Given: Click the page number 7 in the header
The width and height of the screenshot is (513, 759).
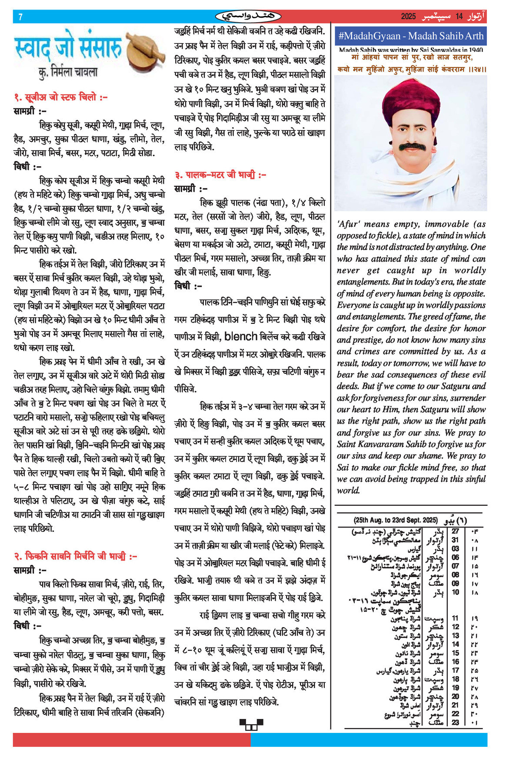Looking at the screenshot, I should tap(20, 17).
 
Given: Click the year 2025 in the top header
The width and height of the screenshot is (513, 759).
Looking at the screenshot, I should tap(408, 17).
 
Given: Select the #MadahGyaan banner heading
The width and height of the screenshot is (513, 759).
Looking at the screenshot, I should tap(410, 36).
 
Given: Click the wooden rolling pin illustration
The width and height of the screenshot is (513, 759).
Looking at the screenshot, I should tap(146, 50).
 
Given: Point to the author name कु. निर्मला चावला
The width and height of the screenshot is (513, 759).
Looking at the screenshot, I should tap(68, 72).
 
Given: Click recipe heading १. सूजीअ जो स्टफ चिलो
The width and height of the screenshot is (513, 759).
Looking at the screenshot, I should tap(60, 97).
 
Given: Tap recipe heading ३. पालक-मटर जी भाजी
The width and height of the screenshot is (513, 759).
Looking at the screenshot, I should tap(220, 175).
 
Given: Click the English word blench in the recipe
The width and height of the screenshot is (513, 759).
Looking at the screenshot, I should tap(240, 336).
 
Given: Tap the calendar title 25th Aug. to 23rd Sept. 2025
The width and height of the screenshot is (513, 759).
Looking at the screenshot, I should tap(396, 520).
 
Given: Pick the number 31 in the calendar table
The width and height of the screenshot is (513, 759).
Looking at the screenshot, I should tap(455, 540).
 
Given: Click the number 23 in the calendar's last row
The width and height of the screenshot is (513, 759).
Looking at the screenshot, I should tap(455, 722).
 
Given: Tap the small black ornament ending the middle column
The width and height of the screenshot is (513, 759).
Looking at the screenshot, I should tap(251, 724).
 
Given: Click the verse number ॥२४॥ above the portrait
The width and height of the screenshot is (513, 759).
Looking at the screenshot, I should tap(477, 69).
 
